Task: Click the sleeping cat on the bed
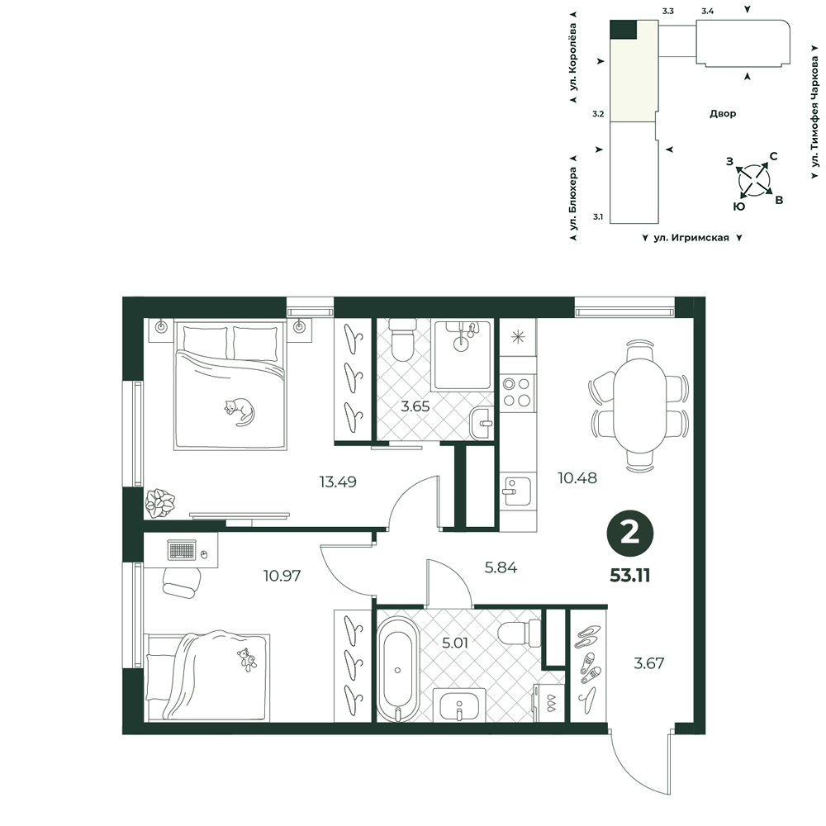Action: click(240, 411)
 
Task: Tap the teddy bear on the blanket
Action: click(247, 659)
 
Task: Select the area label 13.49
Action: click(338, 482)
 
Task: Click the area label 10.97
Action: click(282, 575)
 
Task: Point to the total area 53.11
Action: click(630, 575)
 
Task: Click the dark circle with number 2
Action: click(630, 534)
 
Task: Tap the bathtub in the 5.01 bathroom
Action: click(398, 671)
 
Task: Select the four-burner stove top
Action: click(517, 392)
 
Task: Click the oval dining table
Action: click(639, 406)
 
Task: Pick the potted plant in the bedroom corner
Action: click(160, 502)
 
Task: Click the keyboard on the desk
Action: click(182, 550)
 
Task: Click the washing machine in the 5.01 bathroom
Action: click(549, 703)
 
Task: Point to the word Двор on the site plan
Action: click(723, 113)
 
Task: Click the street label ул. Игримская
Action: click(691, 238)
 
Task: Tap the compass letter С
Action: click(773, 156)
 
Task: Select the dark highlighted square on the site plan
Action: click(623, 30)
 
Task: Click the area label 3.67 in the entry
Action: click(648, 662)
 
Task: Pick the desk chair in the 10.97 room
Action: click(182, 582)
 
